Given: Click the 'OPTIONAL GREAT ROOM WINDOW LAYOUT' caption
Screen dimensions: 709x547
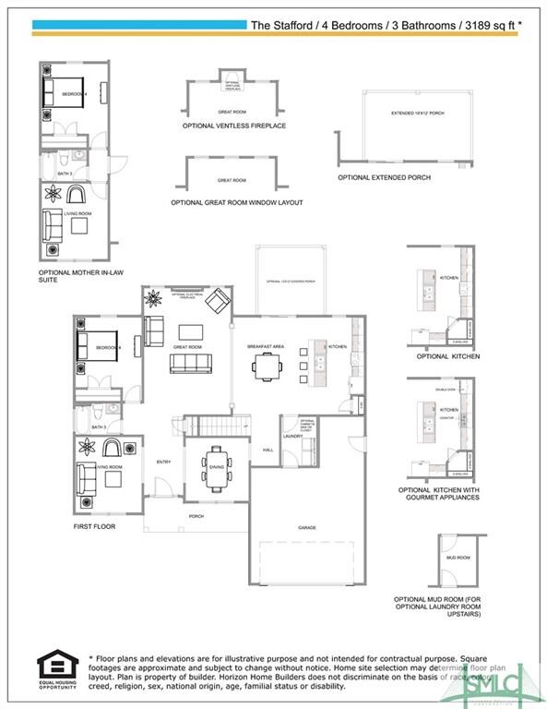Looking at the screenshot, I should click(x=236, y=202).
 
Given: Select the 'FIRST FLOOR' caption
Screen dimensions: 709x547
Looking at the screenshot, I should click(x=95, y=526).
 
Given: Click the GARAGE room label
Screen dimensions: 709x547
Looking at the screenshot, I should click(x=307, y=527).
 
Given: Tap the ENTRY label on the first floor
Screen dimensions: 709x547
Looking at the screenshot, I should click(x=163, y=462).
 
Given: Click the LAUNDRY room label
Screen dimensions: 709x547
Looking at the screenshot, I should click(x=292, y=436).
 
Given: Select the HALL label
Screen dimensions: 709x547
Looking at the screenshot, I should click(x=268, y=450).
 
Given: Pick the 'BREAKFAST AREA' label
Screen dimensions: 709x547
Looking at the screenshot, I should click(x=265, y=346).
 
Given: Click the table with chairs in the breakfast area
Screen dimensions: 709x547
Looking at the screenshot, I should click(x=268, y=367).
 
